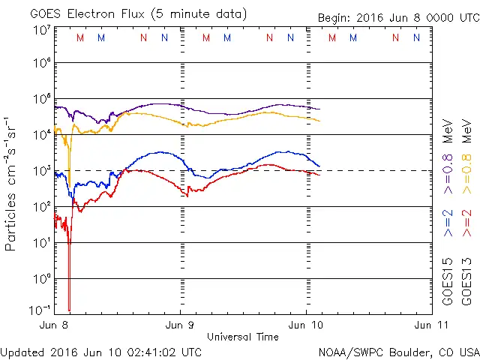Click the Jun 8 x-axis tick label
55,325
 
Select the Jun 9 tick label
180,325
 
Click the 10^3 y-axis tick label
41,170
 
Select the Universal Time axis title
243,337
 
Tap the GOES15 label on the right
448,284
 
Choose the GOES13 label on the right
466,284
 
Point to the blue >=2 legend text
448,224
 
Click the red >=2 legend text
466,224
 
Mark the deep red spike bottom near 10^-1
69,309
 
